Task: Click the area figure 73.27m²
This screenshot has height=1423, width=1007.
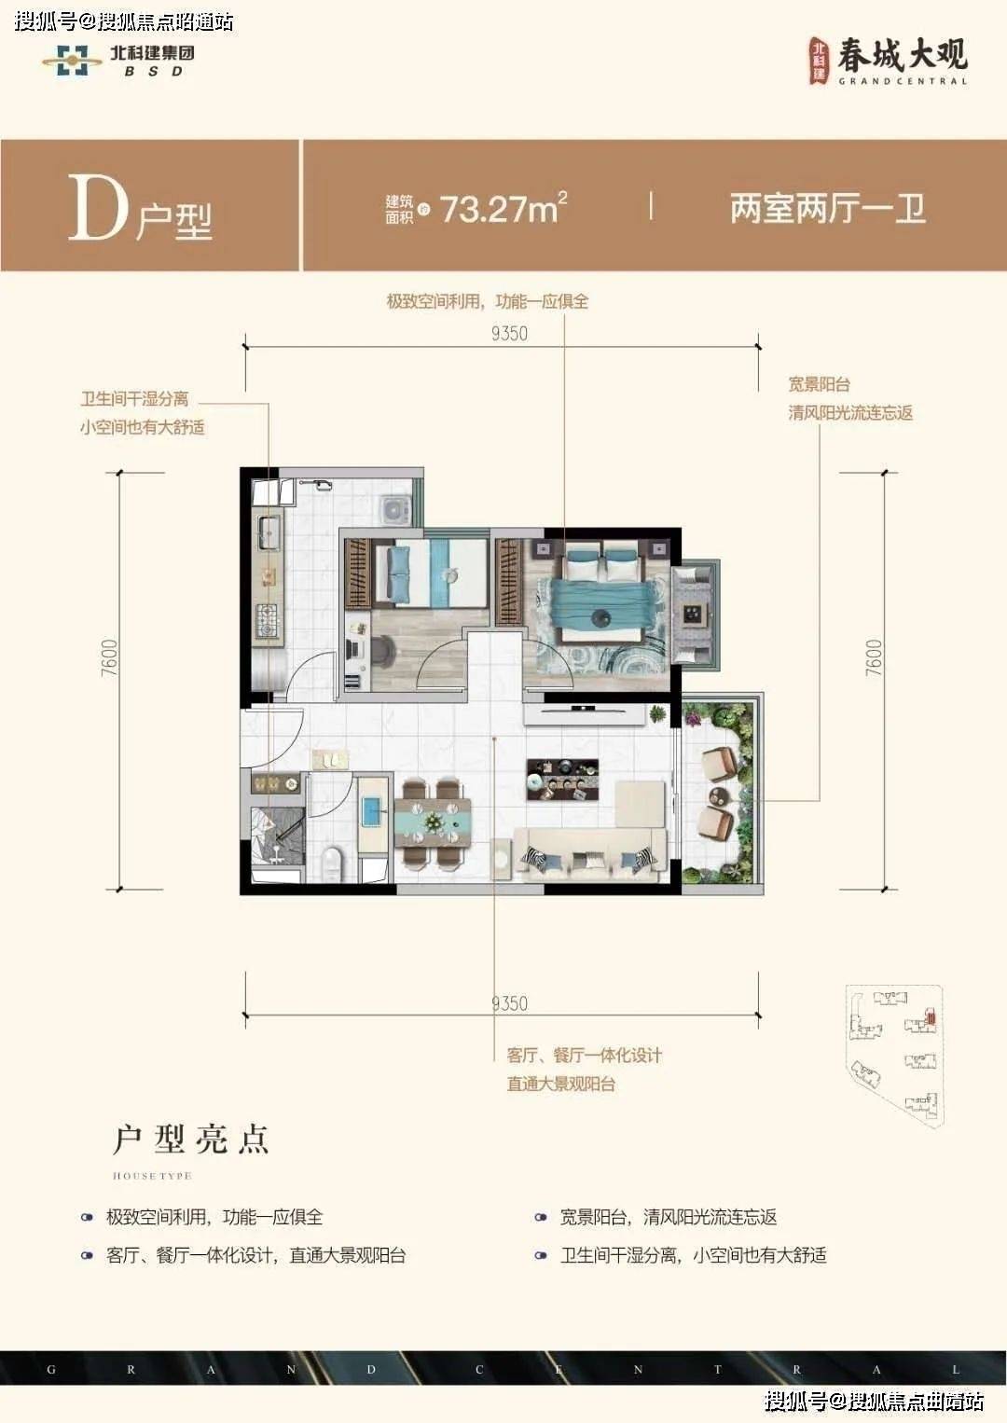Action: point(503,208)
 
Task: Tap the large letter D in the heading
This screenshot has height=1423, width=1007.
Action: point(97,208)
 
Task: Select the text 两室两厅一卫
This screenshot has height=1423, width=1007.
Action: point(827,208)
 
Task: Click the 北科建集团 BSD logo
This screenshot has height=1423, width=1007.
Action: point(119,60)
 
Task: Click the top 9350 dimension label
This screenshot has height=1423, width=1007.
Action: point(509,333)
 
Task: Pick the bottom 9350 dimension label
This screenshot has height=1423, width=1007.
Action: point(509,1003)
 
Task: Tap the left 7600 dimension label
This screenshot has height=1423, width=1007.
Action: point(110,657)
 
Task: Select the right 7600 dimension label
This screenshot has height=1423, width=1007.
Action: point(874,657)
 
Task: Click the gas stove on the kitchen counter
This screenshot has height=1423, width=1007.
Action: point(269,621)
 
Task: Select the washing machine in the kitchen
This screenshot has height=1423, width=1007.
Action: point(395,509)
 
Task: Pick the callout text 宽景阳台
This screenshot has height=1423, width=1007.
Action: point(819,384)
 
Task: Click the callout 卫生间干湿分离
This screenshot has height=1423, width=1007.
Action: point(134,399)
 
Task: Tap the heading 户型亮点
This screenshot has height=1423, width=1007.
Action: point(191,1140)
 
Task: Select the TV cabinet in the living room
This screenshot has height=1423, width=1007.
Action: point(584,713)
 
